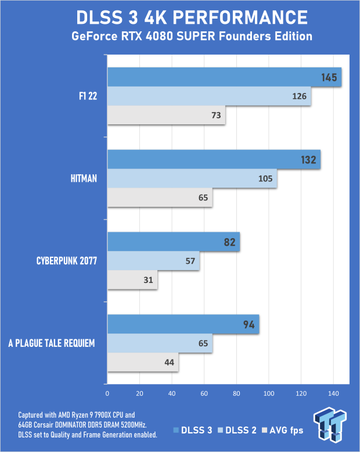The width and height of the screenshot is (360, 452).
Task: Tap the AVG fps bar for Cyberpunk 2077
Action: coord(132,280)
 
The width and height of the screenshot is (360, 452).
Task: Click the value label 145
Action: coord(329,77)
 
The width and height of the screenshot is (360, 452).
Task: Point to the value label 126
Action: coord(300,96)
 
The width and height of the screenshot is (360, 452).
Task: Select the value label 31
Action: coord(148,280)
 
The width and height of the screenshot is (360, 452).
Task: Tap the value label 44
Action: coord(170,363)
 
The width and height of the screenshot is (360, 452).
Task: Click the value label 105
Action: coord(265,178)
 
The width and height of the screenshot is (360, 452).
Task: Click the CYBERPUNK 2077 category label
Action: coord(65,261)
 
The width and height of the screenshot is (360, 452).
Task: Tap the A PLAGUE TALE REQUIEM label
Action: coord(51,343)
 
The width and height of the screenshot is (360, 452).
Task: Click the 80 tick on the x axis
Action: coord(236,393)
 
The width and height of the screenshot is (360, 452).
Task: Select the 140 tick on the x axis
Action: coord(333,393)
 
